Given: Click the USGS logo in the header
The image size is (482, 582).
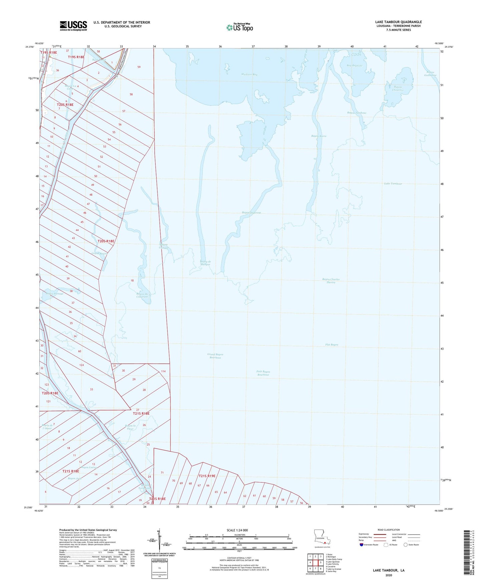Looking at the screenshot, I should pyautogui.click(x=73, y=26).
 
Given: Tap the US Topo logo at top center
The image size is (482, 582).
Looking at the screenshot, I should pyautogui.click(x=239, y=27).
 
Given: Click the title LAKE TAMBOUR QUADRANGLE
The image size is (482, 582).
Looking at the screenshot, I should pyautogui.click(x=398, y=22).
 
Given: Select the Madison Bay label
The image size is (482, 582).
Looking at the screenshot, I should pyautogui.click(x=249, y=75).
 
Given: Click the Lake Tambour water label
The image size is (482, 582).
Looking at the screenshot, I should pyautogui.click(x=393, y=184).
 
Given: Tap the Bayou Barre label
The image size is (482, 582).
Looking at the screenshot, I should pyautogui.click(x=319, y=136).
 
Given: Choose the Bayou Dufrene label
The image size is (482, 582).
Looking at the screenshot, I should pyautogui.click(x=251, y=213).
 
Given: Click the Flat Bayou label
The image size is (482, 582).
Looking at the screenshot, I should pyautogui.click(x=332, y=345).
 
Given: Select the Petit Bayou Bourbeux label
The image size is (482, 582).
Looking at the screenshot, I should pyautogui.click(x=263, y=373).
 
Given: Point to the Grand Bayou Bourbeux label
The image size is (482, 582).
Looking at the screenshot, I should pyautogui.click(x=215, y=356).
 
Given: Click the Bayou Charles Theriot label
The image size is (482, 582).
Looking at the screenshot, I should pyautogui.click(x=331, y=281).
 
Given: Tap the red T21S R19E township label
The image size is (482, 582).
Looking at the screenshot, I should pyautogui.click(x=207, y=476).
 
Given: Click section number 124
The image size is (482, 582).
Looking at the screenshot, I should pyautogui.click(x=81, y=365).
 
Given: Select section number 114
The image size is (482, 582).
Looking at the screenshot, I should pyautogui.click(x=163, y=371).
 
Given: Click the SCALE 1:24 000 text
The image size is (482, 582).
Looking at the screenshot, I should pyautogui.click(x=237, y=530).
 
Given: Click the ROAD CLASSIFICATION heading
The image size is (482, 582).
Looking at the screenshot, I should pyautogui.click(x=389, y=530).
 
